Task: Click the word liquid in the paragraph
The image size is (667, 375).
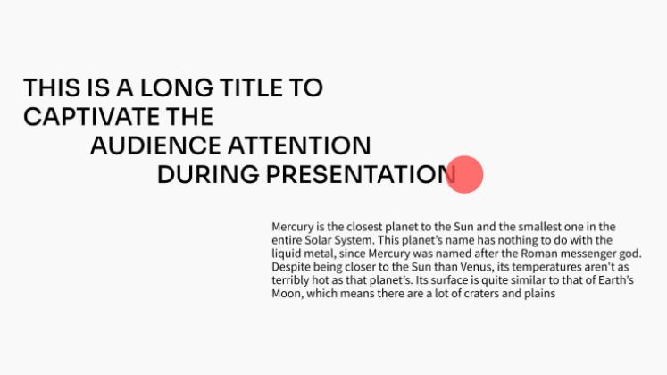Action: tap(287, 254)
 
